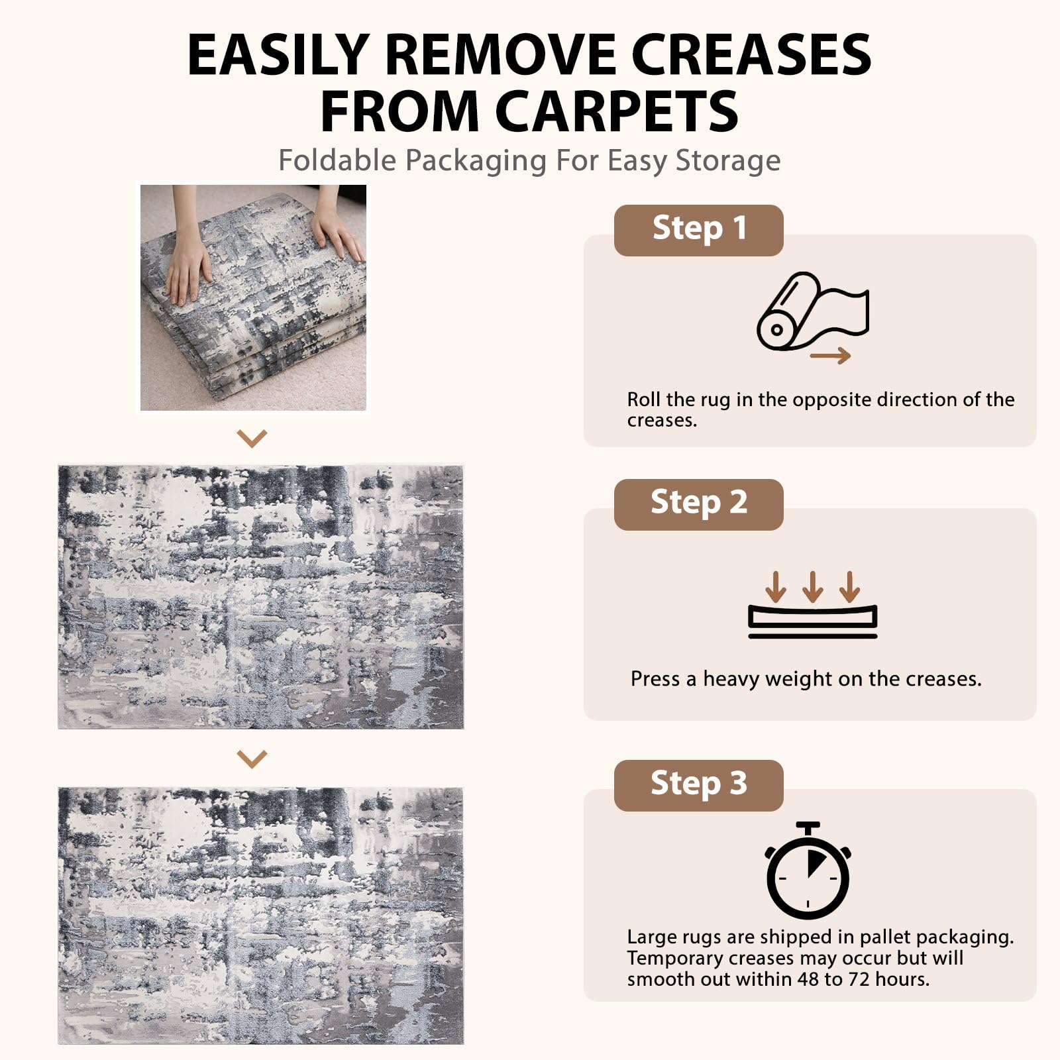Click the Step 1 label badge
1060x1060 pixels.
(x=698, y=231)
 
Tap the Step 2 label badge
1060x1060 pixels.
(x=698, y=504)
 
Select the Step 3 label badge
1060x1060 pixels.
(x=698, y=785)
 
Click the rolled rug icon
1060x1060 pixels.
(x=812, y=311)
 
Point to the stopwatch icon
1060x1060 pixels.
(x=808, y=871)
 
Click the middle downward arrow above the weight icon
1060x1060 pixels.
(x=813, y=586)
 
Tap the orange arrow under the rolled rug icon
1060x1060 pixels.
(x=831, y=356)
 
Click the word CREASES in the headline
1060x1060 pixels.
(x=751, y=54)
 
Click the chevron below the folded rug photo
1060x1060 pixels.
(x=252, y=438)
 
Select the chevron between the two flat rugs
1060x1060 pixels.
(x=252, y=759)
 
